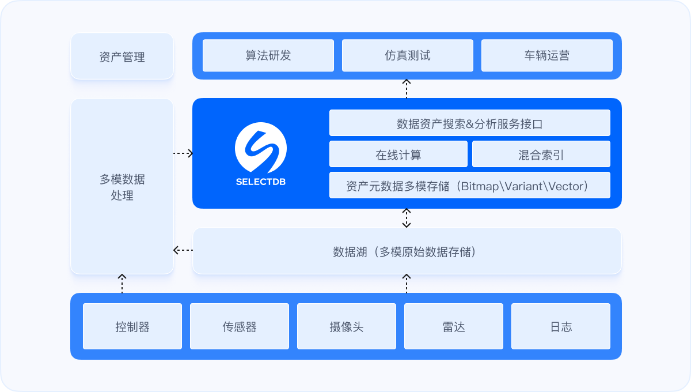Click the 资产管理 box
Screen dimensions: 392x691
122,56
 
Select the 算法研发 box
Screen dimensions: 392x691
268,55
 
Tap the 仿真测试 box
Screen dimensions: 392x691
408,55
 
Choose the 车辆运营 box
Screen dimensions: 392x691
547,55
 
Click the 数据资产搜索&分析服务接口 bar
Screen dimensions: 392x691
469,123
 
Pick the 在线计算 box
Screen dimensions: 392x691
398,154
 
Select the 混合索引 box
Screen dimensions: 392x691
541,154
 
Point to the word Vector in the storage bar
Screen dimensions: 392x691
566,186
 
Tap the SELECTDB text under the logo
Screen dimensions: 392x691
261,182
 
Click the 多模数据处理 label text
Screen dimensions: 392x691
122,187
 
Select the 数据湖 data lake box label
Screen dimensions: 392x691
407,252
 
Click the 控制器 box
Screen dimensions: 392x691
132,327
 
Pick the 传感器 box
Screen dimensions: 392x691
240,327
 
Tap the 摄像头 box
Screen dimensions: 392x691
347,327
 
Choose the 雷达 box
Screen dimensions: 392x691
454,327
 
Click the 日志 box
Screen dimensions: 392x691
561,327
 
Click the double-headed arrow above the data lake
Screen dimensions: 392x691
407,218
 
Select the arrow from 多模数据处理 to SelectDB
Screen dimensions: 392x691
183,153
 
